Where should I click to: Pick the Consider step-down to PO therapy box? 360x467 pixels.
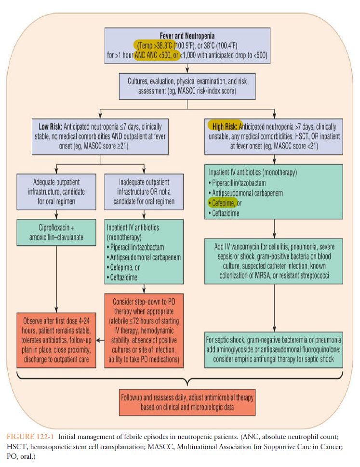[x=145, y=329]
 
